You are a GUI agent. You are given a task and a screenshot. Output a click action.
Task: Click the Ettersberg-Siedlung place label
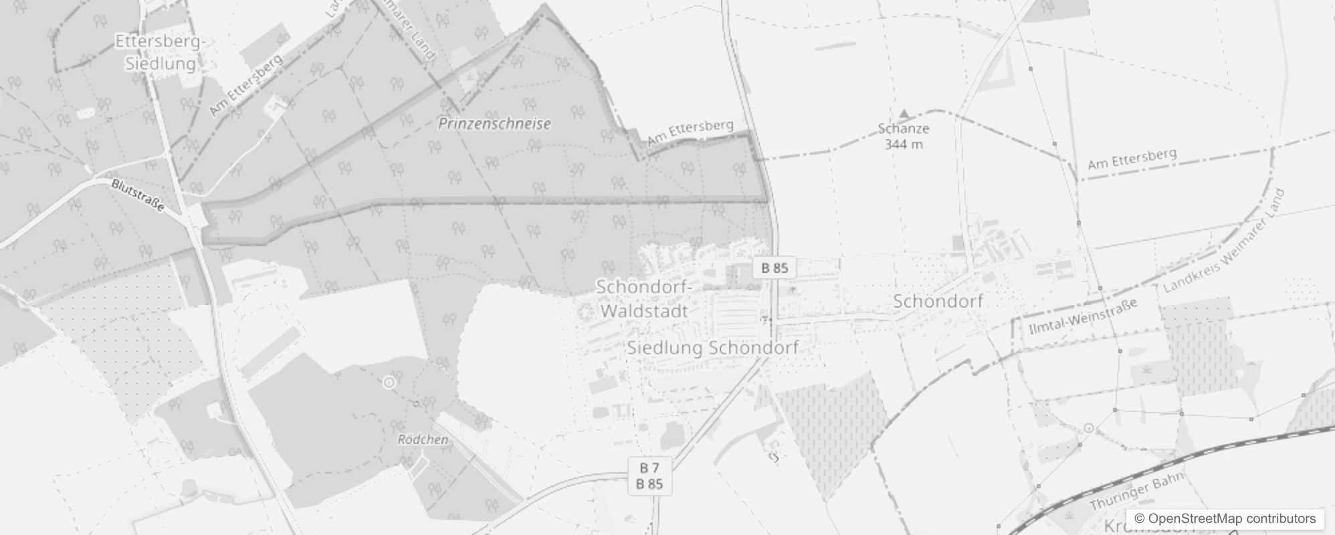pos(161,52)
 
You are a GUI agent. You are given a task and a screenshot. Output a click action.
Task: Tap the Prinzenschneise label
pos(494,124)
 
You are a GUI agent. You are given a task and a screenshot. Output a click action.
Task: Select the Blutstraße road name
pos(138,195)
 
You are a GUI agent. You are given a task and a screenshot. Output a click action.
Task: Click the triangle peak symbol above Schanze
pos(904,114)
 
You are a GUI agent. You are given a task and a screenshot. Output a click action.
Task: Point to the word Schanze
pos(904,128)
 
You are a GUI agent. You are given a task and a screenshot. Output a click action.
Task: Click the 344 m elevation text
pos(904,144)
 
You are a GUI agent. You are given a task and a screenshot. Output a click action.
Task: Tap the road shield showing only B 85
pos(775,268)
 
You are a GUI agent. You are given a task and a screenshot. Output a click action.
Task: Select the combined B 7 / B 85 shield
pos(649,476)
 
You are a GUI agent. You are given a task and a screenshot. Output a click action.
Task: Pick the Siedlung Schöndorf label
pos(712,348)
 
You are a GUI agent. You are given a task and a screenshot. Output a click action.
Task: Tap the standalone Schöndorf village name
pos(938,302)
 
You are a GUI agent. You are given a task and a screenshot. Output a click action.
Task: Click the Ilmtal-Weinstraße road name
pos(1083,316)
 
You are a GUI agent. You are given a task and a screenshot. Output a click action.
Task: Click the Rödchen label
pos(423,439)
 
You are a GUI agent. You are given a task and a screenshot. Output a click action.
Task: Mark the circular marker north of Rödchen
pos(389,383)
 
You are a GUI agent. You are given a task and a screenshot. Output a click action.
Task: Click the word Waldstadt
pos(644,311)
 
